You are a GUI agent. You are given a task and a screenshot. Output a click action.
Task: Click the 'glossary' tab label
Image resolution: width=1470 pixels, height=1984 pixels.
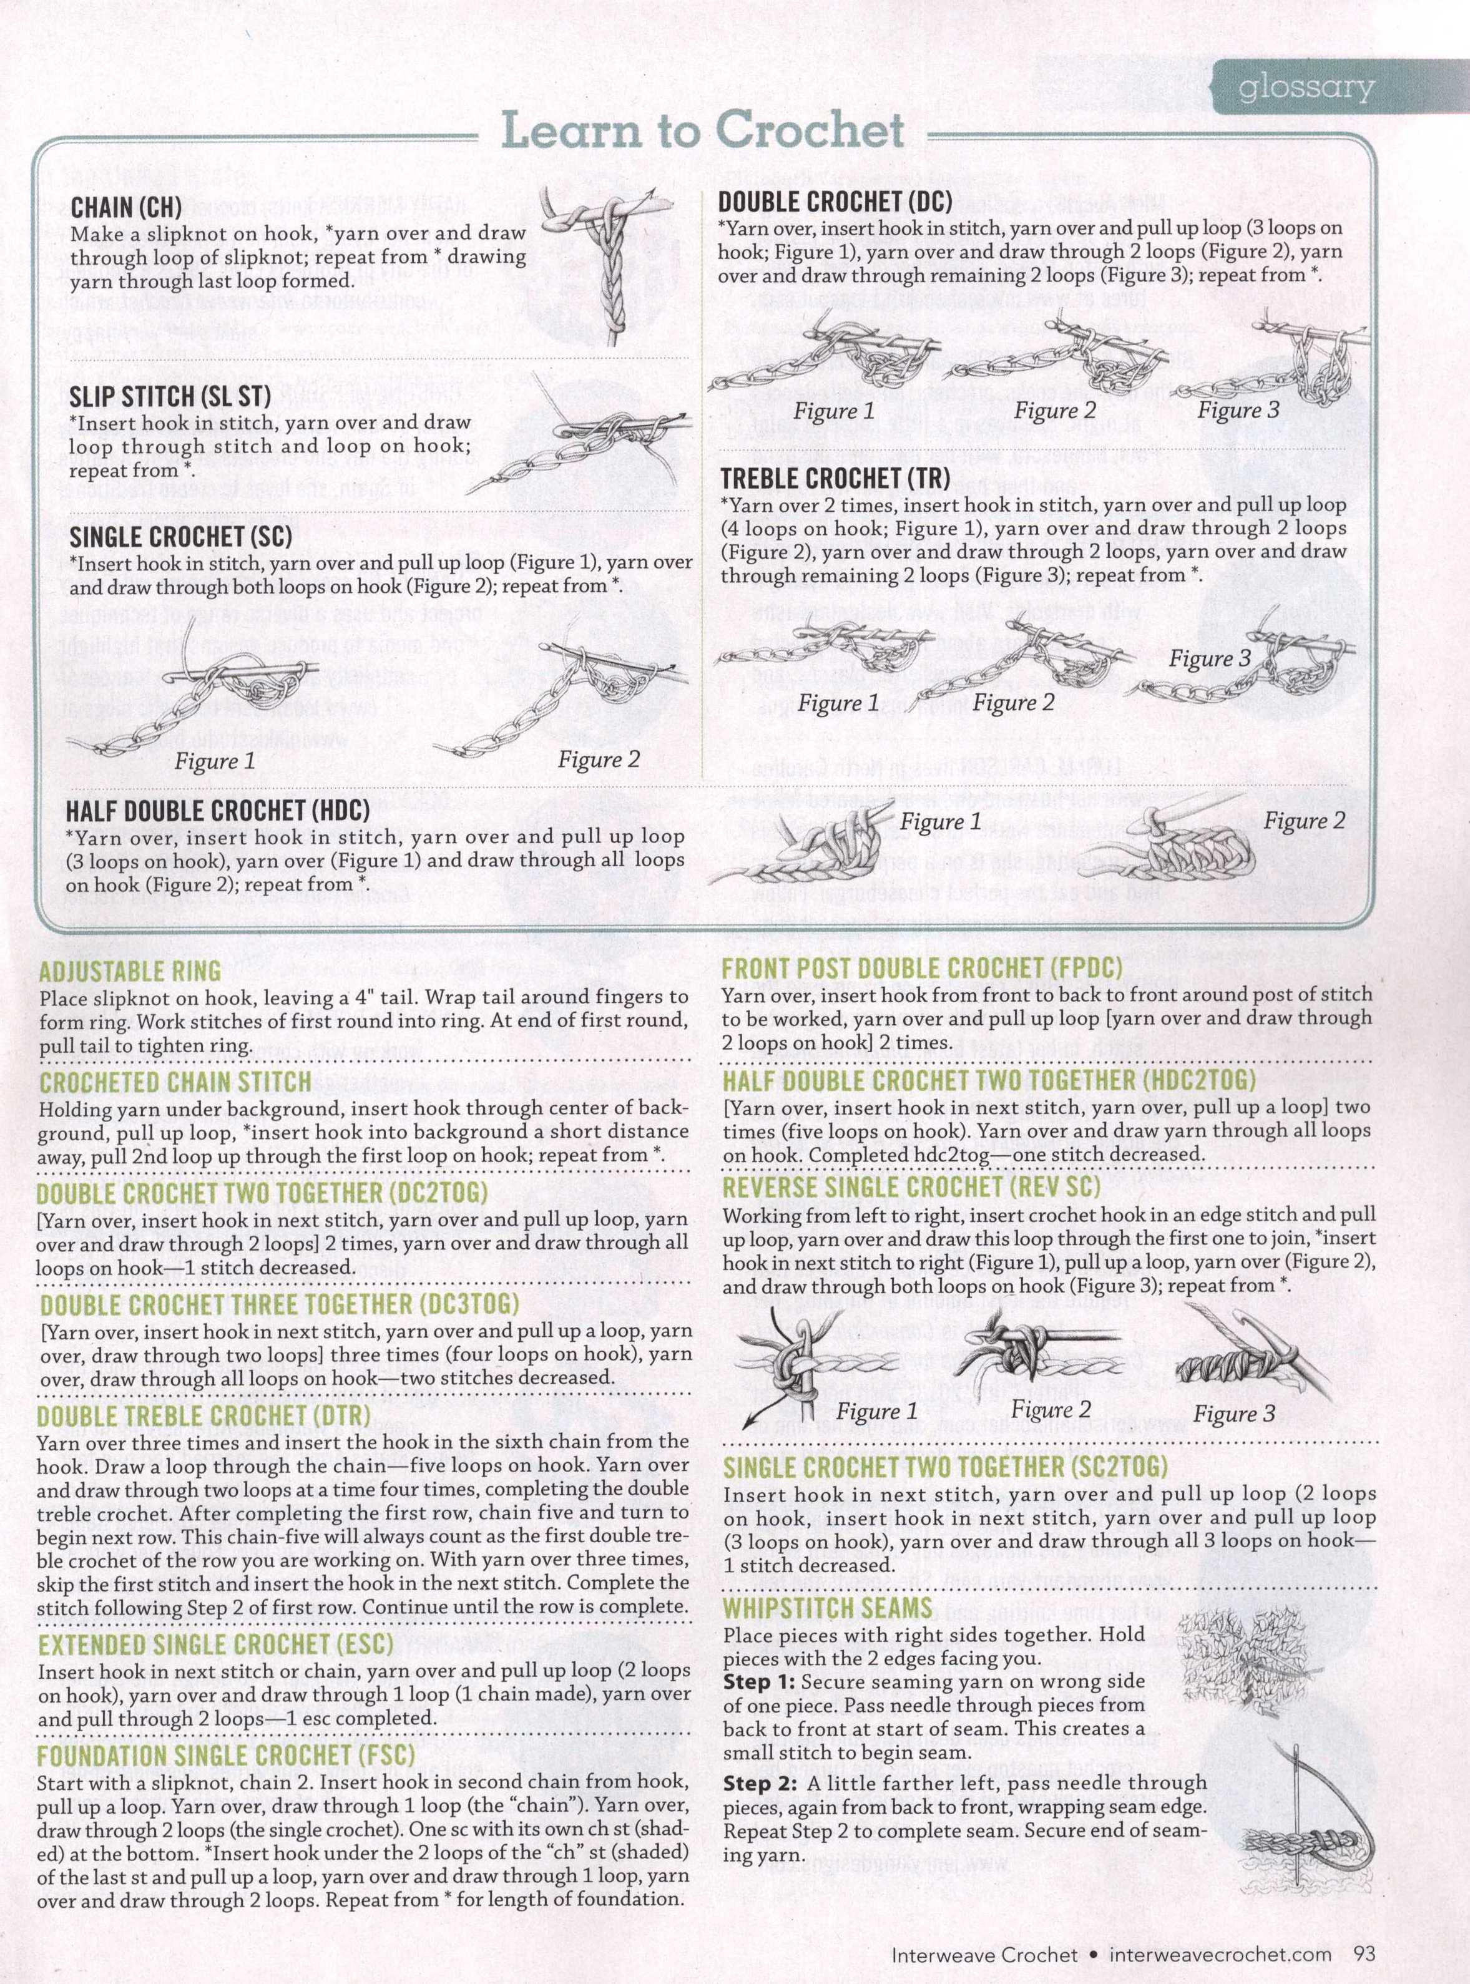pyautogui.click(x=1305, y=87)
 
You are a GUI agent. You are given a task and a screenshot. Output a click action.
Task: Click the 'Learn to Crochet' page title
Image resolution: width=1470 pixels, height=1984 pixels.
pyautogui.click(x=703, y=131)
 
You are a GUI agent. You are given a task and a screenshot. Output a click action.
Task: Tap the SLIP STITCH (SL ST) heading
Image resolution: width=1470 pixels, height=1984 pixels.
pyautogui.click(x=170, y=397)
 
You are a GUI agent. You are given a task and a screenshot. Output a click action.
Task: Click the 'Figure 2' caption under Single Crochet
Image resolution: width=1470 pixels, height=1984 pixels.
pyautogui.click(x=599, y=759)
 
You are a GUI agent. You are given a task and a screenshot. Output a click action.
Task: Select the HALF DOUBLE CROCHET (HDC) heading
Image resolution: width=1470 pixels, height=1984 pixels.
pyautogui.click(x=217, y=811)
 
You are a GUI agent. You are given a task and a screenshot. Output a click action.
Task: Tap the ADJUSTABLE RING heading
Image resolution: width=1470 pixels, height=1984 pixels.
pyautogui.click(x=130, y=970)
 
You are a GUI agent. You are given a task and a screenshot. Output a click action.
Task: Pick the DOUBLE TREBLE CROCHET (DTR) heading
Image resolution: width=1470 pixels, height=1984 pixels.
pyautogui.click(x=203, y=1415)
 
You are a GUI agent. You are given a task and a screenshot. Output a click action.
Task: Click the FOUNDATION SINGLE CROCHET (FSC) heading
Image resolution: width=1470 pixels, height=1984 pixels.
pyautogui.click(x=226, y=1756)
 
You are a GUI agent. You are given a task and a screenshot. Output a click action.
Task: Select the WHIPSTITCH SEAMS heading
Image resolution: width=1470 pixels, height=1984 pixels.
pyautogui.click(x=828, y=1608)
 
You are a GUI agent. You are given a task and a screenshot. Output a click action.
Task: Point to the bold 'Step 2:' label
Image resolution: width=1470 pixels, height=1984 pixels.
pyautogui.click(x=758, y=1783)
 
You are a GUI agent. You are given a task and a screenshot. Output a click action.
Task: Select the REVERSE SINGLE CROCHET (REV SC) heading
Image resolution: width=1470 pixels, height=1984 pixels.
pyautogui.click(x=911, y=1188)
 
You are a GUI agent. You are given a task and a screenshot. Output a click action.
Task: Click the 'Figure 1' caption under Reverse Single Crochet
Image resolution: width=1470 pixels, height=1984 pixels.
pyautogui.click(x=876, y=1412)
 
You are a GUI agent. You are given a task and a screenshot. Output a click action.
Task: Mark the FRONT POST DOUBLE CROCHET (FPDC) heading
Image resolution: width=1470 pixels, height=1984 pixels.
pyautogui.click(x=922, y=969)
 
